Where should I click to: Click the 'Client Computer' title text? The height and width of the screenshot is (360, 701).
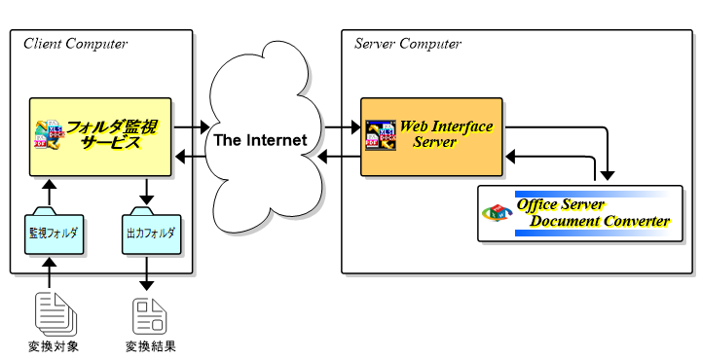(x=75, y=44)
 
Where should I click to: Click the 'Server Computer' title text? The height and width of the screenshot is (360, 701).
(x=407, y=44)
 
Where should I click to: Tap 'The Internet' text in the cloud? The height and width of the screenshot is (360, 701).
(x=260, y=140)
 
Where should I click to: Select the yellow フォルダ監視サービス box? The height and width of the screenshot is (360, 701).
(x=99, y=136)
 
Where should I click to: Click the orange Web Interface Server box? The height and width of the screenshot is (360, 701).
(x=431, y=136)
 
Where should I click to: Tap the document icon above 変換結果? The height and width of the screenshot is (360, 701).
(x=150, y=312)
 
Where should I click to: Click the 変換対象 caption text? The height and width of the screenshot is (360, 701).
(x=54, y=346)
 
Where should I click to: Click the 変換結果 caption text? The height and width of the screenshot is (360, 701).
(x=150, y=346)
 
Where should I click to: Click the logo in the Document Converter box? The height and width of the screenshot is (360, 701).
(x=498, y=213)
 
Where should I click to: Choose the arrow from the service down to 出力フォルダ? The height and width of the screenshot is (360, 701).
(x=147, y=192)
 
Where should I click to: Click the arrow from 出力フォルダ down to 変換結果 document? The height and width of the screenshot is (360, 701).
(x=147, y=274)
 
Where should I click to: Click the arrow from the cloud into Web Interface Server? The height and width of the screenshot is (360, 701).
(x=342, y=126)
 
